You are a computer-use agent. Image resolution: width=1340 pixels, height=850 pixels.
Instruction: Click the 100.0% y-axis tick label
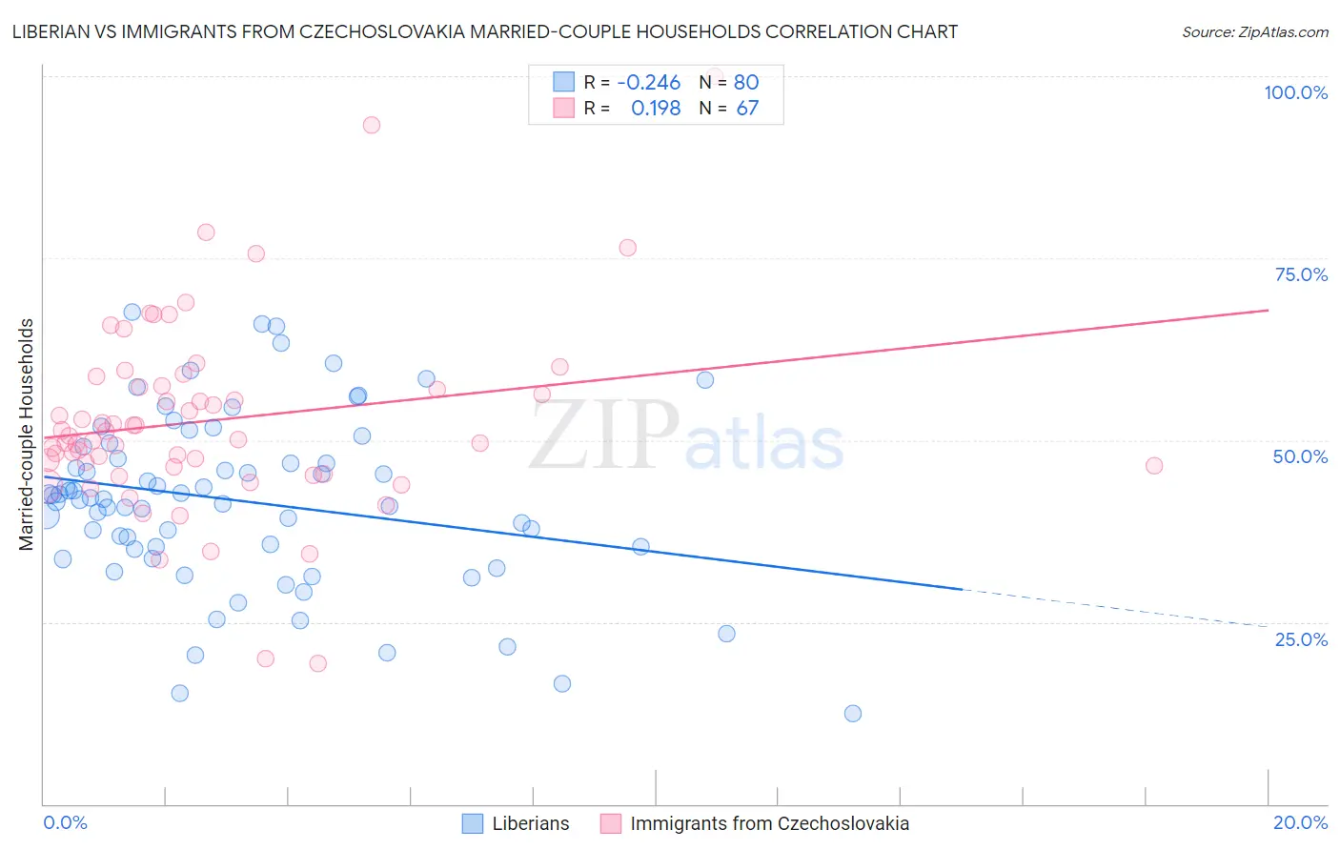(1295, 92)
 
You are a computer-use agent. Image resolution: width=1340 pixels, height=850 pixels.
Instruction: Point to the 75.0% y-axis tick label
(1301, 274)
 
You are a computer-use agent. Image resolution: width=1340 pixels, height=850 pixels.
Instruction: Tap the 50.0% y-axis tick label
(1300, 456)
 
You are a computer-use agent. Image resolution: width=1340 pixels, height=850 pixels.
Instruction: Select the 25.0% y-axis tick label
(1301, 638)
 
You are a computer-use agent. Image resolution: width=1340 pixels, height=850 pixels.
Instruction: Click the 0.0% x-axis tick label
(66, 822)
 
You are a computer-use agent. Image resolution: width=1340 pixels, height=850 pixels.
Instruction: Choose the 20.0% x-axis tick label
(1300, 822)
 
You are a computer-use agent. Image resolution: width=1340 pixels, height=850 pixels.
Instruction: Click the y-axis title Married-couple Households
(27, 435)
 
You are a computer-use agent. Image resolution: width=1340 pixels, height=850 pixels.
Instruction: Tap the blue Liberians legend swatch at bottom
(473, 823)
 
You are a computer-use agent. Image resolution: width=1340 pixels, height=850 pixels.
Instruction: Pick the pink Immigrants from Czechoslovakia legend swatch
(611, 823)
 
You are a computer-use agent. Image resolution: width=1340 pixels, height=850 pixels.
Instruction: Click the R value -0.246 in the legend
(648, 82)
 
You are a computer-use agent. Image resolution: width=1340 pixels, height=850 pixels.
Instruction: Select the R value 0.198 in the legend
(656, 108)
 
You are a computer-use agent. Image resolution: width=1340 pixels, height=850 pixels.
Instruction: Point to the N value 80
(745, 82)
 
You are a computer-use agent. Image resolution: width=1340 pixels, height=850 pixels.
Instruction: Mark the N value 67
(746, 108)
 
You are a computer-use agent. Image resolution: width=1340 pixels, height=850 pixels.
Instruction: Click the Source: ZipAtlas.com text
(1254, 31)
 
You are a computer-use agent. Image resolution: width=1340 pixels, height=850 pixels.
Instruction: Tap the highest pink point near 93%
(372, 125)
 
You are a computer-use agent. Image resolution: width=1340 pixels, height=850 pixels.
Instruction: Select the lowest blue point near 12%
(853, 714)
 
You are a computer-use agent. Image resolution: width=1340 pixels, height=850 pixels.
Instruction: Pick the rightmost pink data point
(1154, 466)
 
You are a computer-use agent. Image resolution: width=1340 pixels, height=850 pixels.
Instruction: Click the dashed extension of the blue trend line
(1115, 608)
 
